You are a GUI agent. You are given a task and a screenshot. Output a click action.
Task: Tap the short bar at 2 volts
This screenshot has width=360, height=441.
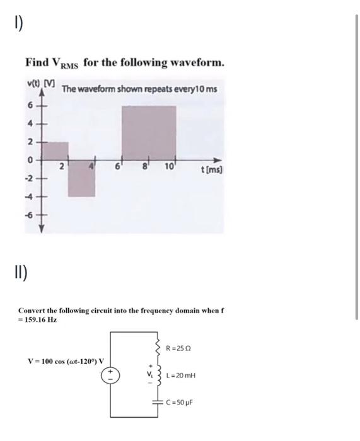(55, 151)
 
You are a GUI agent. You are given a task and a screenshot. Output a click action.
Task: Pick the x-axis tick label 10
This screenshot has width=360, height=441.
(170, 166)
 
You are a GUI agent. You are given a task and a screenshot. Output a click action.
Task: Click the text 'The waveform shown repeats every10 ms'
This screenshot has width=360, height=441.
(140, 88)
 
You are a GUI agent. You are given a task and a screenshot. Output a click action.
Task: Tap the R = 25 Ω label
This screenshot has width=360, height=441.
(178, 348)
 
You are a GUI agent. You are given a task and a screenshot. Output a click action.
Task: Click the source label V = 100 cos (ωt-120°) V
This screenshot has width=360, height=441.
(66, 361)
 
